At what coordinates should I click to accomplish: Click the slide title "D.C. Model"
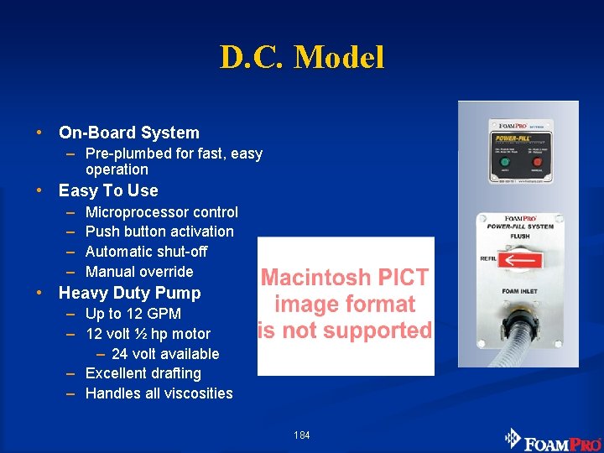(302, 57)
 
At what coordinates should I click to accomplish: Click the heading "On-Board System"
(129, 133)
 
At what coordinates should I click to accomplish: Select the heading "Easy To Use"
(108, 190)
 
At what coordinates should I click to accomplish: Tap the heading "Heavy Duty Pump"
(130, 293)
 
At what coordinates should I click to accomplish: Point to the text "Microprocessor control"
(162, 212)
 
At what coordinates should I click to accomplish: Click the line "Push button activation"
(159, 232)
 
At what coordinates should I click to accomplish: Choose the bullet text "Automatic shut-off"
(147, 252)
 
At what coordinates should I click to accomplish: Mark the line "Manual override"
(139, 272)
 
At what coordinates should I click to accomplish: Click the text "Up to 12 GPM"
(133, 314)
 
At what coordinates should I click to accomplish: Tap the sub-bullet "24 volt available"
(165, 354)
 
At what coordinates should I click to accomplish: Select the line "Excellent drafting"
(143, 373)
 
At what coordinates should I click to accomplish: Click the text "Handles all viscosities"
(159, 393)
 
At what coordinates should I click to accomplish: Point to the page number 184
(302, 435)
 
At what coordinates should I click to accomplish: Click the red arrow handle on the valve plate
(519, 262)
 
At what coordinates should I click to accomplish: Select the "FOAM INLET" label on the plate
(520, 292)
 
